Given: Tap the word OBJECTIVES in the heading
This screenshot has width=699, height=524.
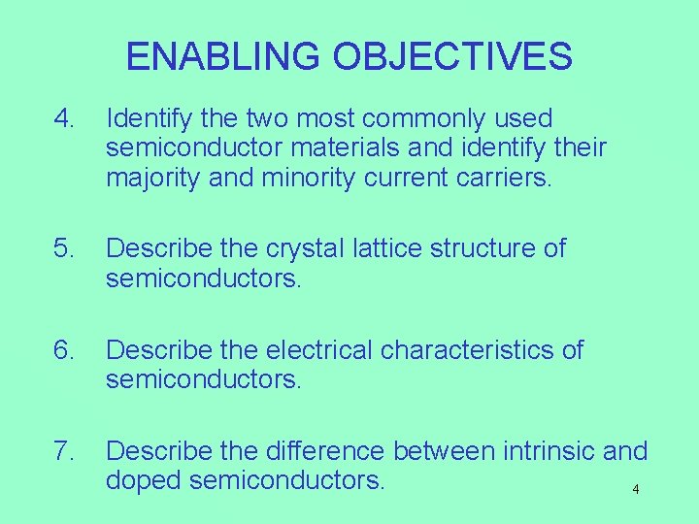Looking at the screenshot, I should (452, 56).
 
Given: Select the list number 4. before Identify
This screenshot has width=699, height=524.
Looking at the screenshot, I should (64, 119).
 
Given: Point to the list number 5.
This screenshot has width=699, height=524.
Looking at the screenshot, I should (64, 248).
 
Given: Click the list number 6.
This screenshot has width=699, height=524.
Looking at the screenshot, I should (64, 349).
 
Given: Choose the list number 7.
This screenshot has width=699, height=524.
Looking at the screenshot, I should (64, 451).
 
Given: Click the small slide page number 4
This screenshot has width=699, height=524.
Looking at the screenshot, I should (636, 489).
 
